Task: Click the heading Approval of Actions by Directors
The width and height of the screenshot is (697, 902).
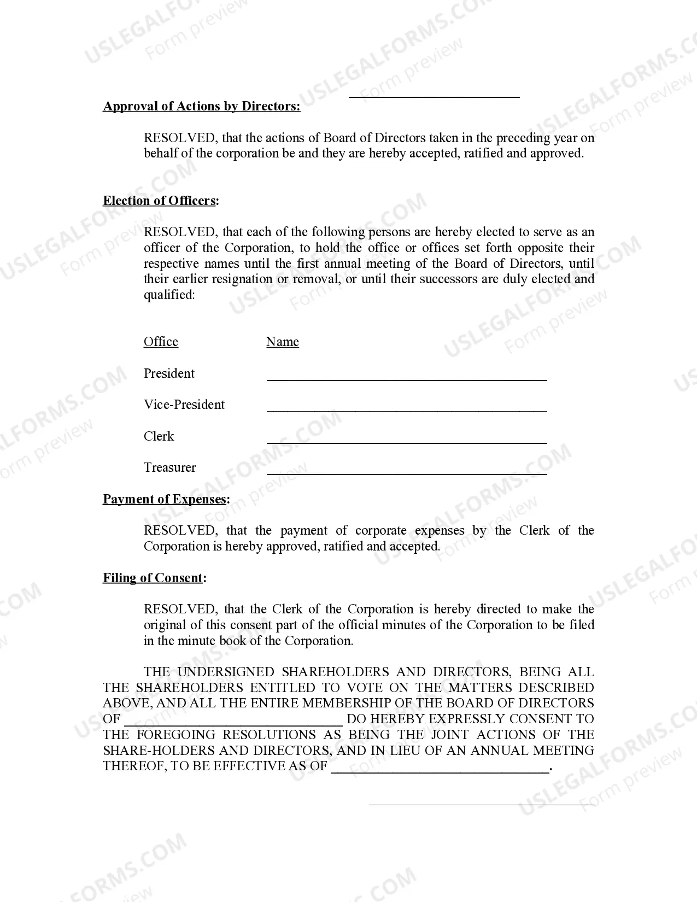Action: pyautogui.click(x=201, y=106)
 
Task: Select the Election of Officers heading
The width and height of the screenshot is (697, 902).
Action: pyautogui.click(x=160, y=201)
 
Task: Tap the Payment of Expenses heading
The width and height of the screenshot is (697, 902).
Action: pyautogui.click(x=166, y=499)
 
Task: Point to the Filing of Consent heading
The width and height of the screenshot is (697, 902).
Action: pyautogui.click(x=154, y=578)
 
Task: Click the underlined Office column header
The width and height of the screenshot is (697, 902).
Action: pyautogui.click(x=161, y=342)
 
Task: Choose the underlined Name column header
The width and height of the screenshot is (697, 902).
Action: pyautogui.click(x=282, y=342)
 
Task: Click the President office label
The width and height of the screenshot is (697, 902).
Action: pyautogui.click(x=169, y=373)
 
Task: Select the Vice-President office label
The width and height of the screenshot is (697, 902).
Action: pyautogui.click(x=184, y=405)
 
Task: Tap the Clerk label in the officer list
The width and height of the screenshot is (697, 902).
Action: pyautogui.click(x=159, y=436)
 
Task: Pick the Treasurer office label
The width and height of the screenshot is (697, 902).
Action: pyautogui.click(x=169, y=467)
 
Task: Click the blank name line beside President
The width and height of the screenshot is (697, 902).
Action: pyautogui.click(x=406, y=377)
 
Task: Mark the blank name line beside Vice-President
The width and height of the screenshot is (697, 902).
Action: pyautogui.click(x=406, y=409)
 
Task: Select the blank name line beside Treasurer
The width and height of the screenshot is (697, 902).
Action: pyautogui.click(x=406, y=472)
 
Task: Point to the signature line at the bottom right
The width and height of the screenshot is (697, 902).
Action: pyautogui.click(x=481, y=804)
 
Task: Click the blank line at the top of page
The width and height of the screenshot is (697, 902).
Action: pyautogui.click(x=434, y=96)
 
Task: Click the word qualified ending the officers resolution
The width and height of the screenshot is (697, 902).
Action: pyautogui.click(x=168, y=295)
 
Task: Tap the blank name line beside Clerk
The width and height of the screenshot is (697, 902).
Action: pyautogui.click(x=406, y=440)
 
